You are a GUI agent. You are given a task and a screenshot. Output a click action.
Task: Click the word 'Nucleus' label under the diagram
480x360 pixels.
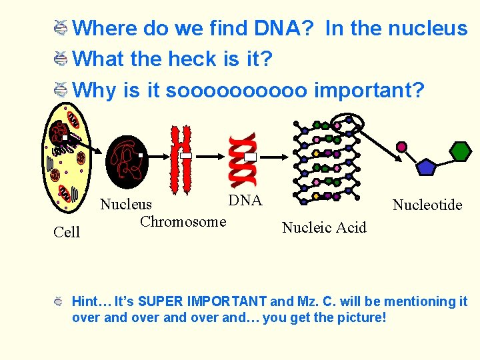coord(126,205)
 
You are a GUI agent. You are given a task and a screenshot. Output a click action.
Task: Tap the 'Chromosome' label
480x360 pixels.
coord(183,222)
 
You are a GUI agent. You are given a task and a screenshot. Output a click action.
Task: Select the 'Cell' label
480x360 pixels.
coord(67,232)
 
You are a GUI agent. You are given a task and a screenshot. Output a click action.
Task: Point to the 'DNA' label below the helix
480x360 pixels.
coord(245,201)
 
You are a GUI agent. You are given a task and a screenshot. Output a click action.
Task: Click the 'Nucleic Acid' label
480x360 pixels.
coord(324,228)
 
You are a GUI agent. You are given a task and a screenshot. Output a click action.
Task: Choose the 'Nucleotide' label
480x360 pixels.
coord(427,205)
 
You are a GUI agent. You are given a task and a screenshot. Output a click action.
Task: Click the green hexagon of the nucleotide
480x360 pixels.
coord(460,151)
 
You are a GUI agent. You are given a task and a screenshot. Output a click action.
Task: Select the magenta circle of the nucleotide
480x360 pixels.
coord(401,147)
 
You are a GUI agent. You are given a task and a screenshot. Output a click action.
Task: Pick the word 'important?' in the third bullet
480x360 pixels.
coord(369,89)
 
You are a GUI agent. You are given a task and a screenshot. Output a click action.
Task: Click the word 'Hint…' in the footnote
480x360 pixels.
coord(91,302)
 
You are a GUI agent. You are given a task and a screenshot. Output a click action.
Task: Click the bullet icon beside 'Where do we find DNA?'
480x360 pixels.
coord(59,28)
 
